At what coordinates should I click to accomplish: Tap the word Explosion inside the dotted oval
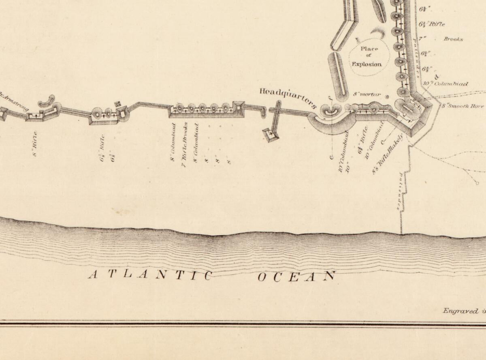point(367,64)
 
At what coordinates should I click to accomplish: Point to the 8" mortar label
point(367,94)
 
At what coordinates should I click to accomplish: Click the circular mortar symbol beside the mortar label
point(386,97)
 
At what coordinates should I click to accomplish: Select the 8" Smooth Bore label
point(463,106)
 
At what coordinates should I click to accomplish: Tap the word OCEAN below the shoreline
point(297,277)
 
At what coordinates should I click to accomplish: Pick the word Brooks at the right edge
point(453,39)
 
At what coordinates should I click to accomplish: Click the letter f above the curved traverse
point(331,98)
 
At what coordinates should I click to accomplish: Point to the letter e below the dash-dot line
point(331,156)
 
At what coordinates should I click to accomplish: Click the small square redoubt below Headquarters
point(271,135)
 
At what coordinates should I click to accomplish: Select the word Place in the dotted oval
point(369,49)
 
